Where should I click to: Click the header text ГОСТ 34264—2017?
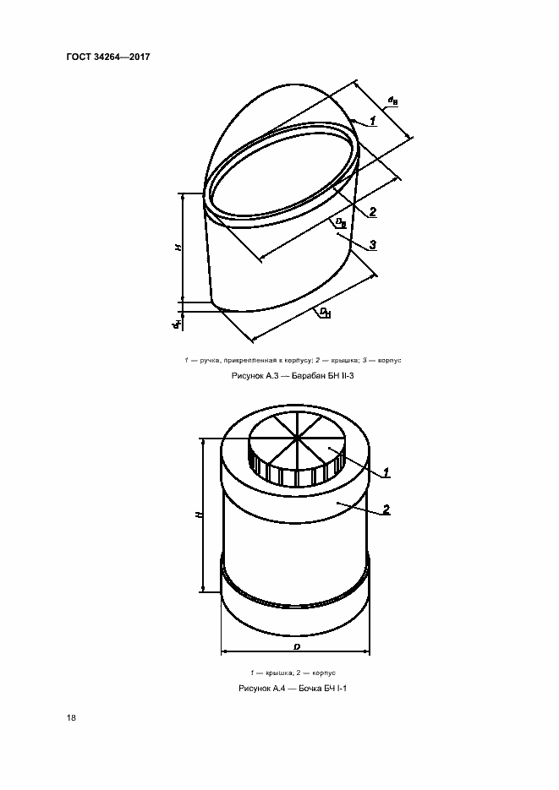(x=108, y=57)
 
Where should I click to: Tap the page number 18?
(x=71, y=717)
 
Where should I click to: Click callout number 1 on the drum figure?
(x=372, y=121)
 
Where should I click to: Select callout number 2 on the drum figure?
(x=372, y=212)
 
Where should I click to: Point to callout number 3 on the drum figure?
(x=372, y=245)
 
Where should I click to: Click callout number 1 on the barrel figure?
(x=386, y=472)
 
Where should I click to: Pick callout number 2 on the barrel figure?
(x=386, y=509)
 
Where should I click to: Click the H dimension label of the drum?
(x=178, y=248)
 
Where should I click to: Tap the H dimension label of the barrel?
(x=199, y=515)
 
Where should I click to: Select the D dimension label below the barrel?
(x=296, y=646)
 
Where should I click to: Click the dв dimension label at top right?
(x=392, y=101)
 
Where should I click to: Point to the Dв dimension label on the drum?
(x=341, y=222)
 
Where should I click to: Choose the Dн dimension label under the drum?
(x=325, y=313)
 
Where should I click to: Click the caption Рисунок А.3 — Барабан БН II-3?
(x=293, y=375)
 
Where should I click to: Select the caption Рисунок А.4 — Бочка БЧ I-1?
(x=293, y=689)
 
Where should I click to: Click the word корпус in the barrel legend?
(x=324, y=673)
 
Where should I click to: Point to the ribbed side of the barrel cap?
(x=296, y=472)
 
